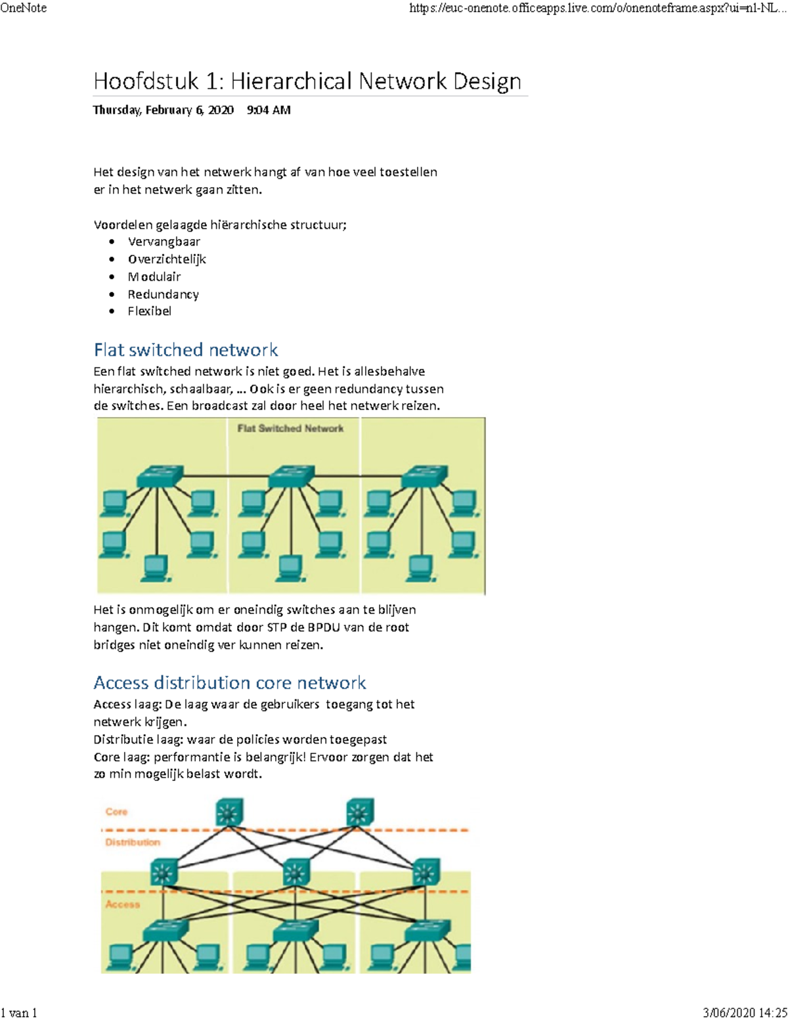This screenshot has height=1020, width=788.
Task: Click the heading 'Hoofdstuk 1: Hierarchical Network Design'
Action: pos(307,81)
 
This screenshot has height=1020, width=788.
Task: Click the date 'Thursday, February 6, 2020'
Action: pos(163,110)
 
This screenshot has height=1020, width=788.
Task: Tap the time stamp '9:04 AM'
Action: pos(269,110)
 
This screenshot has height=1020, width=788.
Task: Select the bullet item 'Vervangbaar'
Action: pos(164,242)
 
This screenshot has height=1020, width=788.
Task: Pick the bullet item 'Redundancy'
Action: pos(163,294)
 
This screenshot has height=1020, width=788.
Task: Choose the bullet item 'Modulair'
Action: pos(154,277)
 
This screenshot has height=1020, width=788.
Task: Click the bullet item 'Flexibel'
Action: pos(149,311)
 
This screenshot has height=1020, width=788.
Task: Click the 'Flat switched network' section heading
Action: pos(186,349)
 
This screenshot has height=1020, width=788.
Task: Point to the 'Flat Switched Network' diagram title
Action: pos(290,428)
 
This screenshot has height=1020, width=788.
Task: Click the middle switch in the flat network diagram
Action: pos(292,476)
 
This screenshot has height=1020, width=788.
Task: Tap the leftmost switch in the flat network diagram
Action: pos(160,476)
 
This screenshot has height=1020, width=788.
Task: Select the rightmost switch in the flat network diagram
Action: pos(424,476)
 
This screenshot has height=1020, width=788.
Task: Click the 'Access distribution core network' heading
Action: pos(229,682)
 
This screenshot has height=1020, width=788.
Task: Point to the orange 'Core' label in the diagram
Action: pos(116,812)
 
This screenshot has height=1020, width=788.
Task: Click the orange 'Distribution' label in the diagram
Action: pos(133,842)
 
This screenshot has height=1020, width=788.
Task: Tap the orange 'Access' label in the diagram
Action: pos(123,904)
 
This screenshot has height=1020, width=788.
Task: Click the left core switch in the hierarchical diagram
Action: pos(229,812)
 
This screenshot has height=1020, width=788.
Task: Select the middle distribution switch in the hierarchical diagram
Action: pos(295,872)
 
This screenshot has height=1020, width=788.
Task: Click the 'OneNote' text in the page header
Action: pos(24,8)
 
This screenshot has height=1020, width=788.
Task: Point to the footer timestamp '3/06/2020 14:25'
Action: pos(745,1012)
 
